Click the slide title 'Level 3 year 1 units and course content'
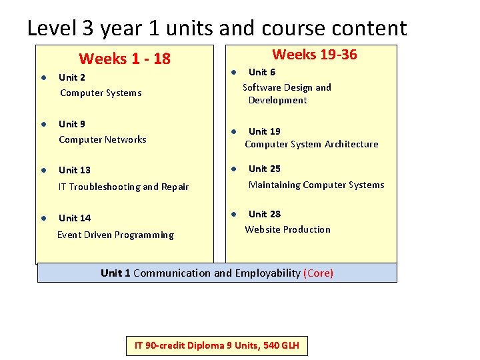click(217, 28)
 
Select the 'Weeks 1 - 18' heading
click(125, 59)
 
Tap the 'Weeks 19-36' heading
click(315, 55)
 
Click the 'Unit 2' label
click(72, 77)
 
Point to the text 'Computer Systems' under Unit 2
click(101, 93)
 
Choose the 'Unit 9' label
click(72, 124)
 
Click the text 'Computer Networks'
click(102, 140)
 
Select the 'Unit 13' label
click(75, 171)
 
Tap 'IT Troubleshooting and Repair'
click(123, 187)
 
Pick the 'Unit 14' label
click(75, 218)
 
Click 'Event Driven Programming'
click(115, 235)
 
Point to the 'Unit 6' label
click(261, 72)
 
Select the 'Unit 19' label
click(264, 131)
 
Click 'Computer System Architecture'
click(311, 145)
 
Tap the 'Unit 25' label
click(264, 169)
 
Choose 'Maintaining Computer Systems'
click(316, 185)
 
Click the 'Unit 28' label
click(264, 214)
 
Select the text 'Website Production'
click(287, 229)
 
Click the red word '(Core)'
click(318, 273)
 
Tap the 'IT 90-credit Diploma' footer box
click(217, 345)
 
